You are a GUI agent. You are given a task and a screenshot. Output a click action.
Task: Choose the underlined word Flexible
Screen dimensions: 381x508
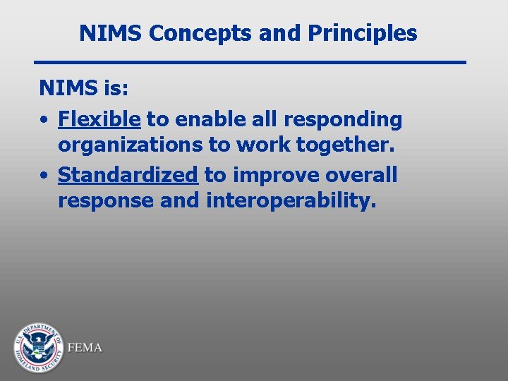click(x=99, y=119)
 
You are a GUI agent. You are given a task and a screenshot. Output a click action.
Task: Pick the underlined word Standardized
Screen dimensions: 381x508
click(x=128, y=174)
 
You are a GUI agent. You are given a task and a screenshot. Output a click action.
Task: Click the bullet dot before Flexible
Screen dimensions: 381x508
click(x=44, y=120)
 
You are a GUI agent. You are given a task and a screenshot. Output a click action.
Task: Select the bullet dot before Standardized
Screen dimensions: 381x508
click(x=44, y=175)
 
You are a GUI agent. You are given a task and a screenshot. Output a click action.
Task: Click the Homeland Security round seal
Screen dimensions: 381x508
click(x=37, y=348)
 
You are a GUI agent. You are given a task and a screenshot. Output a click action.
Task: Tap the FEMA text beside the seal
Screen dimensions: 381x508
click(x=85, y=348)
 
